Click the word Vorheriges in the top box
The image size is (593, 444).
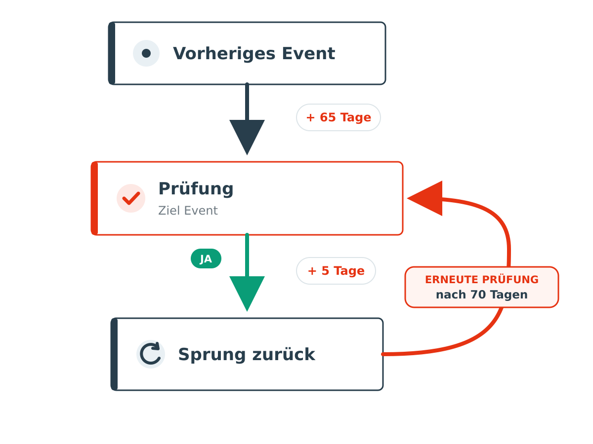click(224, 53)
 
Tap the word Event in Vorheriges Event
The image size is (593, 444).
click(308, 53)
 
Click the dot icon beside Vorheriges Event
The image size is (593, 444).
click(146, 53)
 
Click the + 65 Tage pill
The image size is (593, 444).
click(338, 117)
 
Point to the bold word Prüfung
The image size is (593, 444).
click(196, 189)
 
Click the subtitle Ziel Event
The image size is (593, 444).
click(188, 211)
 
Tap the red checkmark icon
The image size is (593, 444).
click(131, 198)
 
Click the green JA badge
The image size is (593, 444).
click(206, 259)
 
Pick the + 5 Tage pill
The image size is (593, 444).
click(336, 271)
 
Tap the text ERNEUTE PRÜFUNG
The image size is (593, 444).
click(482, 280)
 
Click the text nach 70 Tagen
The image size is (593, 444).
click(482, 295)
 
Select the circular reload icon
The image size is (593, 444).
click(151, 354)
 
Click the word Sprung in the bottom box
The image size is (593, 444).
click(212, 355)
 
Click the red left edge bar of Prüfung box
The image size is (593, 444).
click(94, 198)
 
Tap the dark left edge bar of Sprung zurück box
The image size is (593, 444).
click(114, 354)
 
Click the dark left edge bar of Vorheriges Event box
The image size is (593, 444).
click(112, 53)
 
